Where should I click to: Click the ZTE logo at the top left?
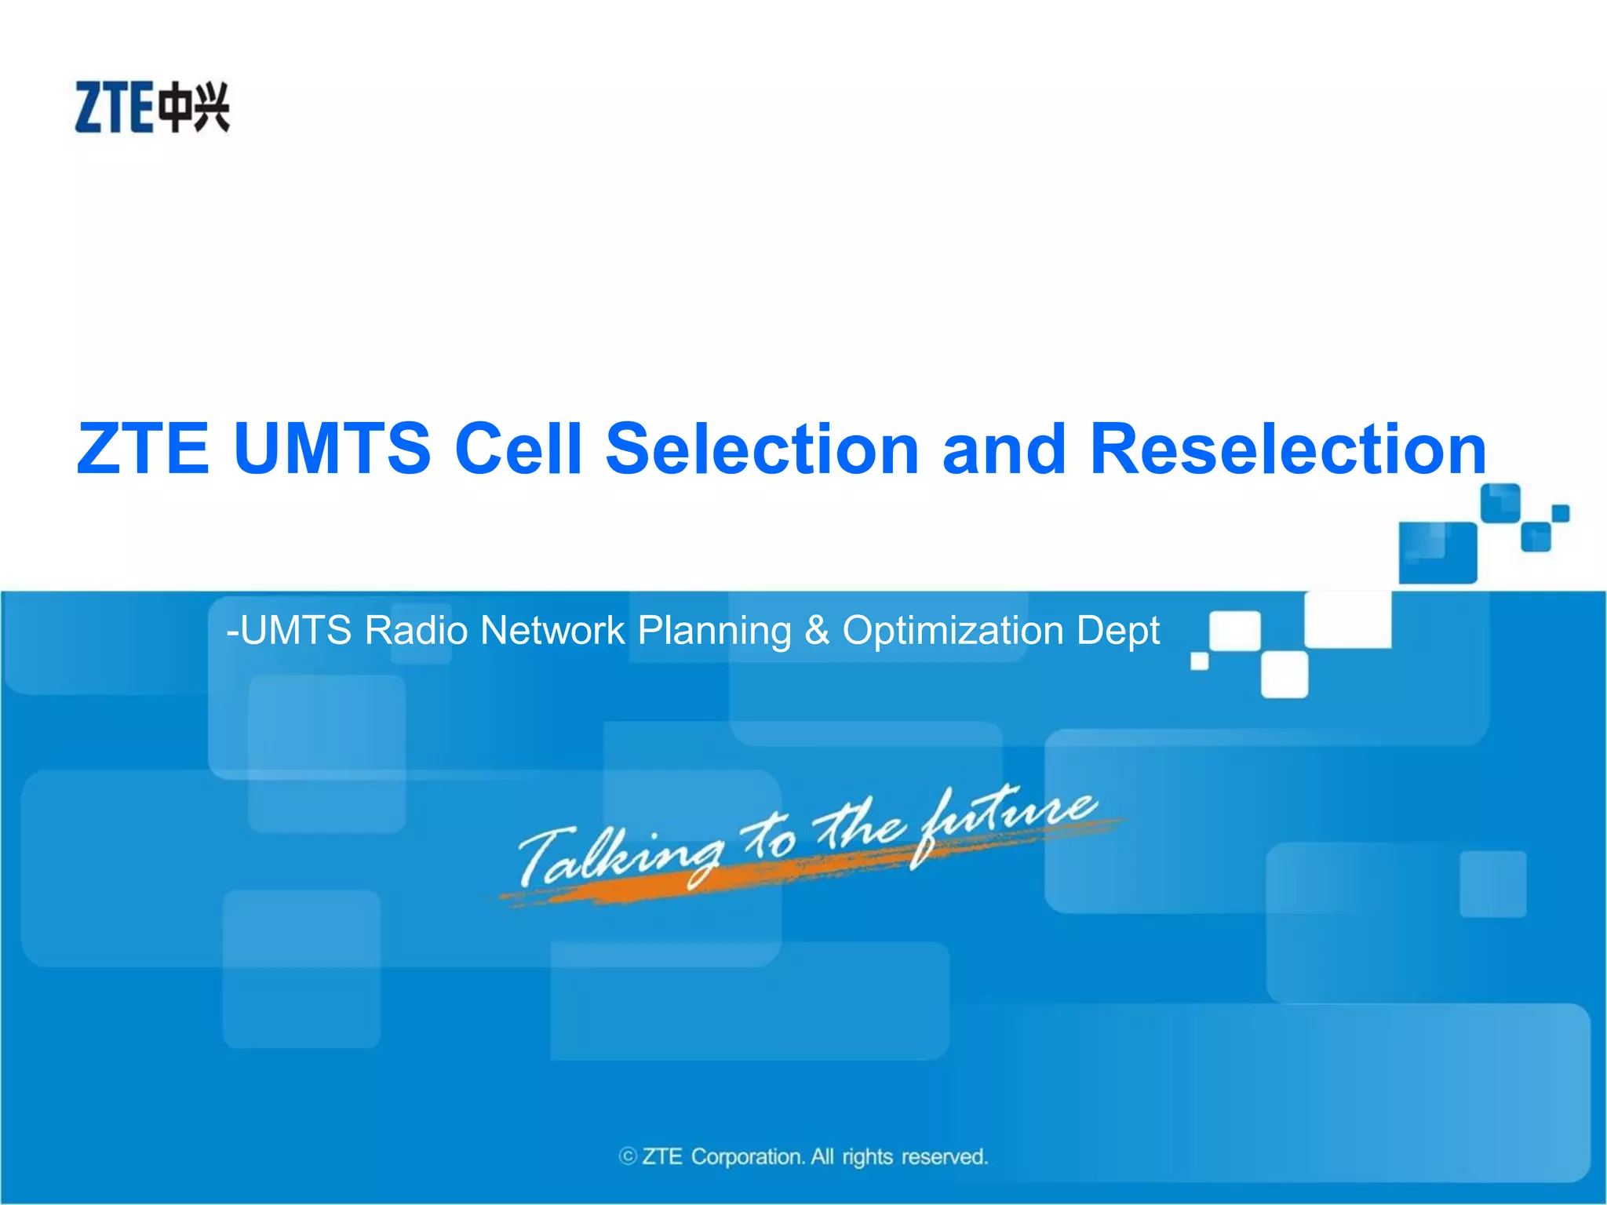pyautogui.click(x=151, y=107)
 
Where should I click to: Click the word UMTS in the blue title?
pyautogui.click(x=332, y=449)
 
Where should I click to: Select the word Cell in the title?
pyautogui.click(x=518, y=449)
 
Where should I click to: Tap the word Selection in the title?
pyautogui.click(x=761, y=449)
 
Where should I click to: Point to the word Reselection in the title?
pyautogui.click(x=1288, y=449)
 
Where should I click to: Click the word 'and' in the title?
pyautogui.click(x=1004, y=449)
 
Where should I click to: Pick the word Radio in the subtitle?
pyautogui.click(x=416, y=631)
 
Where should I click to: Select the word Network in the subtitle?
pyautogui.click(x=552, y=631)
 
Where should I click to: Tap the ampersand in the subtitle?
pyautogui.click(x=817, y=631)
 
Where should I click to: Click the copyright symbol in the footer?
pyautogui.click(x=627, y=1156)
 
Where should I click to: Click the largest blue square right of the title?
pyautogui.click(x=1437, y=552)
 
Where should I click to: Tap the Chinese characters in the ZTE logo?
pyautogui.click(x=194, y=107)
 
